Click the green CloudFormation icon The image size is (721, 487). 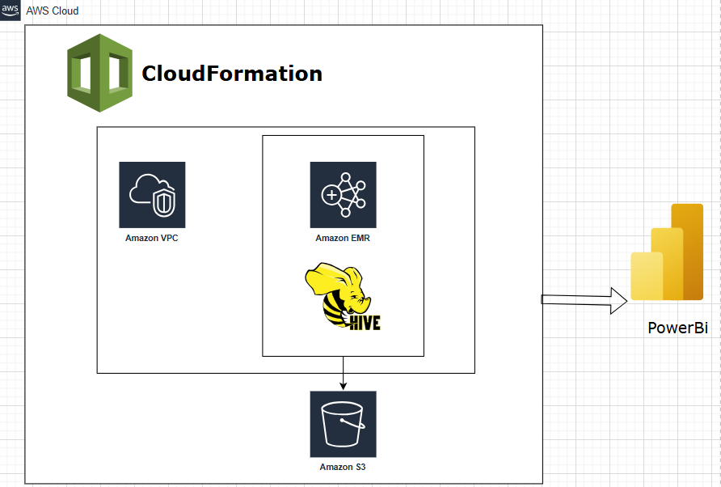[x=99, y=73]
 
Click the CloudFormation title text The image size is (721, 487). [x=232, y=74]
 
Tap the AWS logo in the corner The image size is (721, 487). [x=11, y=10]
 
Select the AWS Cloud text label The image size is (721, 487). [x=53, y=11]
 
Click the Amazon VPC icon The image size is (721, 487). [x=152, y=195]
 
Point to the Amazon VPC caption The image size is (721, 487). [x=152, y=238]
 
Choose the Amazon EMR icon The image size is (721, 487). [x=343, y=195]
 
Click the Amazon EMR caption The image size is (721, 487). [x=343, y=239]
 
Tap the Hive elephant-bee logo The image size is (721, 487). [x=342, y=295]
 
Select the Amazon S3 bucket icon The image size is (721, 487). [x=343, y=424]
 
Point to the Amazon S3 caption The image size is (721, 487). [x=343, y=467]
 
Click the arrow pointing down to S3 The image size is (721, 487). [x=344, y=374]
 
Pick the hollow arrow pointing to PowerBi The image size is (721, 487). [x=584, y=300]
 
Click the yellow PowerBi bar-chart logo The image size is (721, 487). [x=667, y=252]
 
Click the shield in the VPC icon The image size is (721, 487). [x=165, y=202]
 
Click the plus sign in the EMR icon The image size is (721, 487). [x=332, y=195]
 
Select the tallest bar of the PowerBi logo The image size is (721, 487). [x=688, y=251]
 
